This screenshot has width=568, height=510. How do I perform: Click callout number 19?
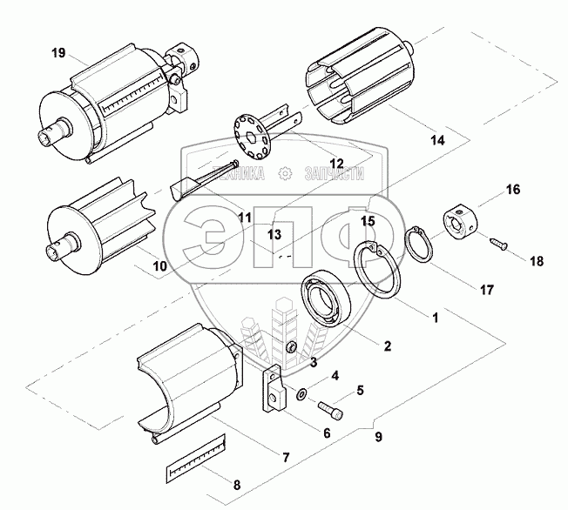pyautogui.click(x=58, y=54)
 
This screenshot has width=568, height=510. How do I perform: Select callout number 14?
pyautogui.click(x=437, y=138)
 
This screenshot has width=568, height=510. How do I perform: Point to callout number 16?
pyautogui.click(x=512, y=189)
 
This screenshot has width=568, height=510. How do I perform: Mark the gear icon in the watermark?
pyautogui.click(x=285, y=173)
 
